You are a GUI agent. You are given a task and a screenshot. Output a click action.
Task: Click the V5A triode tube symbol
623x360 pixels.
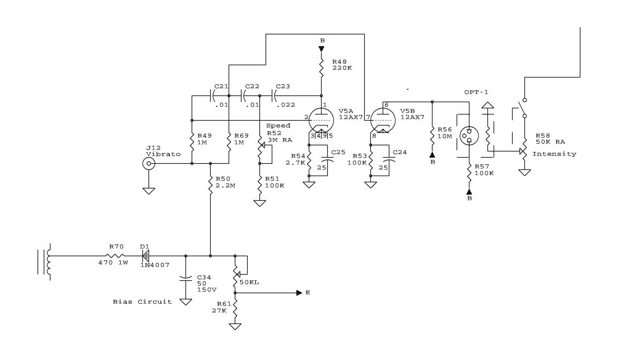321,120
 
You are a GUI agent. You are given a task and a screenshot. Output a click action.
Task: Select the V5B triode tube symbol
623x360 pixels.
383,120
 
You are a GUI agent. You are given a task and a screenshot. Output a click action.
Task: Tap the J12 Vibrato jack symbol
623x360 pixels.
149,163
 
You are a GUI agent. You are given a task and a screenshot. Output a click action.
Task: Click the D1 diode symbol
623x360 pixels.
145,256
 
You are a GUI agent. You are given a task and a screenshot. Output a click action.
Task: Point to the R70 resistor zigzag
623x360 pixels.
115,256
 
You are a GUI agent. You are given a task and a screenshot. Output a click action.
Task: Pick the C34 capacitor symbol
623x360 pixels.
185,278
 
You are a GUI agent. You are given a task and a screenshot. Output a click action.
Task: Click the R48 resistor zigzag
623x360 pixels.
321,68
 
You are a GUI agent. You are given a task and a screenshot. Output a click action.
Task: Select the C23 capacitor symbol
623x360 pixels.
273,96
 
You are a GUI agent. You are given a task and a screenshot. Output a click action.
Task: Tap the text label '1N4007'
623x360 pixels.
155,265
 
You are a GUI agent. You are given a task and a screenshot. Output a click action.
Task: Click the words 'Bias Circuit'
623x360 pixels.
142,301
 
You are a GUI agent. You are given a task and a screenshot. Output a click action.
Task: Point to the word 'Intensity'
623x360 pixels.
554,154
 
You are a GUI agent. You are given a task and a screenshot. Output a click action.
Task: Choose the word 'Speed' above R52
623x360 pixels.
278,126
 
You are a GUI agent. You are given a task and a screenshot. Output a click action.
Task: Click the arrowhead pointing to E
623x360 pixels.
299,293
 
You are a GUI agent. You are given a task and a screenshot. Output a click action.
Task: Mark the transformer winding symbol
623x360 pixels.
49,262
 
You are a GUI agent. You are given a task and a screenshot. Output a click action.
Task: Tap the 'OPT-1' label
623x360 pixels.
476,92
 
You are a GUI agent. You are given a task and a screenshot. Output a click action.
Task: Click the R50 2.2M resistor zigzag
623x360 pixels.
210,185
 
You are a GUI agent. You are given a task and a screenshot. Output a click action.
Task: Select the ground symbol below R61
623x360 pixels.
235,327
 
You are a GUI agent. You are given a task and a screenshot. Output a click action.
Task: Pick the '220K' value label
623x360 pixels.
342,68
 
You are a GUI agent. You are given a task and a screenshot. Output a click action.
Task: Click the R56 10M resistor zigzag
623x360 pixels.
432,136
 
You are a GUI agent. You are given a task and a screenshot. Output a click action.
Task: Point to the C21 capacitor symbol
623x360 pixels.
212,96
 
